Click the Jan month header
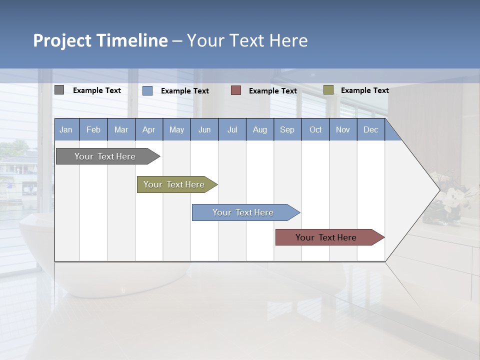click(x=66, y=129)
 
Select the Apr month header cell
click(x=149, y=129)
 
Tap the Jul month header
click(x=232, y=129)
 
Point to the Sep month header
click(x=287, y=129)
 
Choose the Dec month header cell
click(x=370, y=129)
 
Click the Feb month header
click(x=93, y=129)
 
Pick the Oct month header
click(x=315, y=129)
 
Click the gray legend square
click(x=59, y=90)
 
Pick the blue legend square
click(x=147, y=90)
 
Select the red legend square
click(x=236, y=90)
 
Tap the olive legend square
click(x=328, y=90)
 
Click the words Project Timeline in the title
click(x=100, y=40)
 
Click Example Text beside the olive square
click(x=364, y=90)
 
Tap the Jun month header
click(x=204, y=129)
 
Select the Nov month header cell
click(x=343, y=129)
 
